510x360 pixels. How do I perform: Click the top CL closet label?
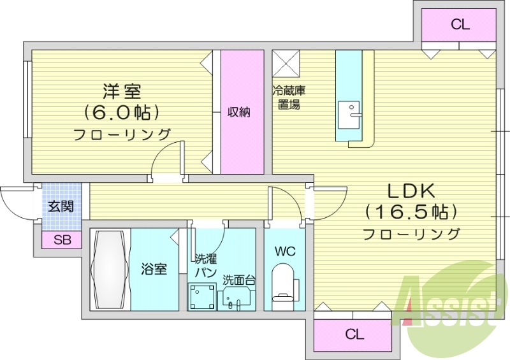(x=460, y=25)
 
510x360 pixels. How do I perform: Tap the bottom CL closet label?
(x=354, y=333)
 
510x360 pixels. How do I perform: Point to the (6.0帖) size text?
(x=122, y=112)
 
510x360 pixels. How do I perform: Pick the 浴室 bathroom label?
(x=154, y=269)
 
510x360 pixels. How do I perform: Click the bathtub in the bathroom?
(x=111, y=271)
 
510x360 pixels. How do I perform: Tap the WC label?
(x=284, y=250)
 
